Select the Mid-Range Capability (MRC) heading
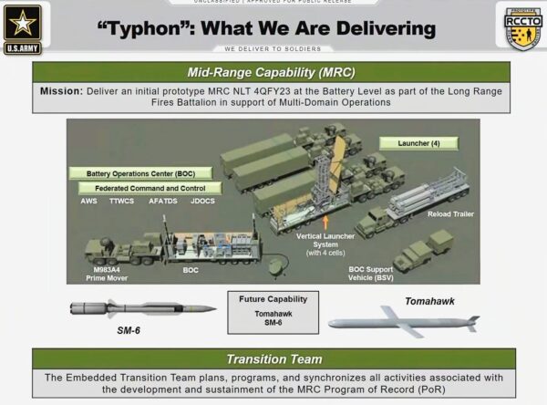coord(273,71)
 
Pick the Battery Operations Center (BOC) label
coord(141,172)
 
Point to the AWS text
coord(89,201)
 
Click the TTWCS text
coord(120,201)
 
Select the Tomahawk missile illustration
coord(401,322)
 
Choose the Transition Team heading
coord(273,358)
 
